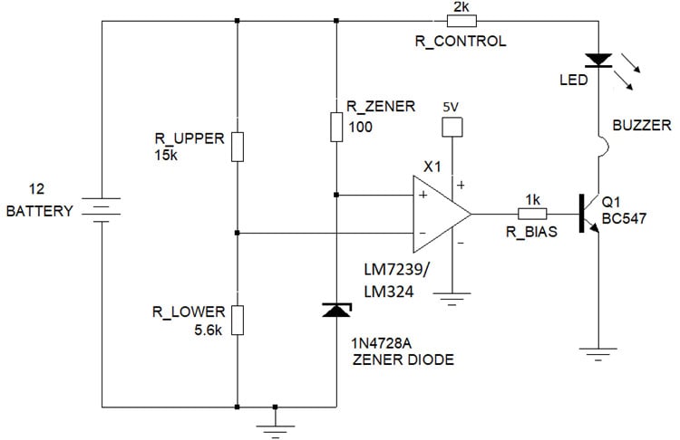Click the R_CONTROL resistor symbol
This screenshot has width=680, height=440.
point(460,20)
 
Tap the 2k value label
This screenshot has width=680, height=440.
point(460,6)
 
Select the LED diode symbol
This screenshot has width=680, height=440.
point(598,61)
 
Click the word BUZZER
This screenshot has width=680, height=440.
point(641,126)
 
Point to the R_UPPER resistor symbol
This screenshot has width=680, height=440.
point(237,146)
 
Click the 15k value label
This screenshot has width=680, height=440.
point(169,155)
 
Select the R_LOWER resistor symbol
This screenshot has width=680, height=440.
point(237,320)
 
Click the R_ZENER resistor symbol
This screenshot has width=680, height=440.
point(336,124)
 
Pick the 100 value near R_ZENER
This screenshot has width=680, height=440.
point(361,127)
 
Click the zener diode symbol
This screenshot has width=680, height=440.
point(336,311)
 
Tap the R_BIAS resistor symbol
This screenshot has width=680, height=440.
point(531,215)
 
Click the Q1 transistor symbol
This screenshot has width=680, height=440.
point(589,215)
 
